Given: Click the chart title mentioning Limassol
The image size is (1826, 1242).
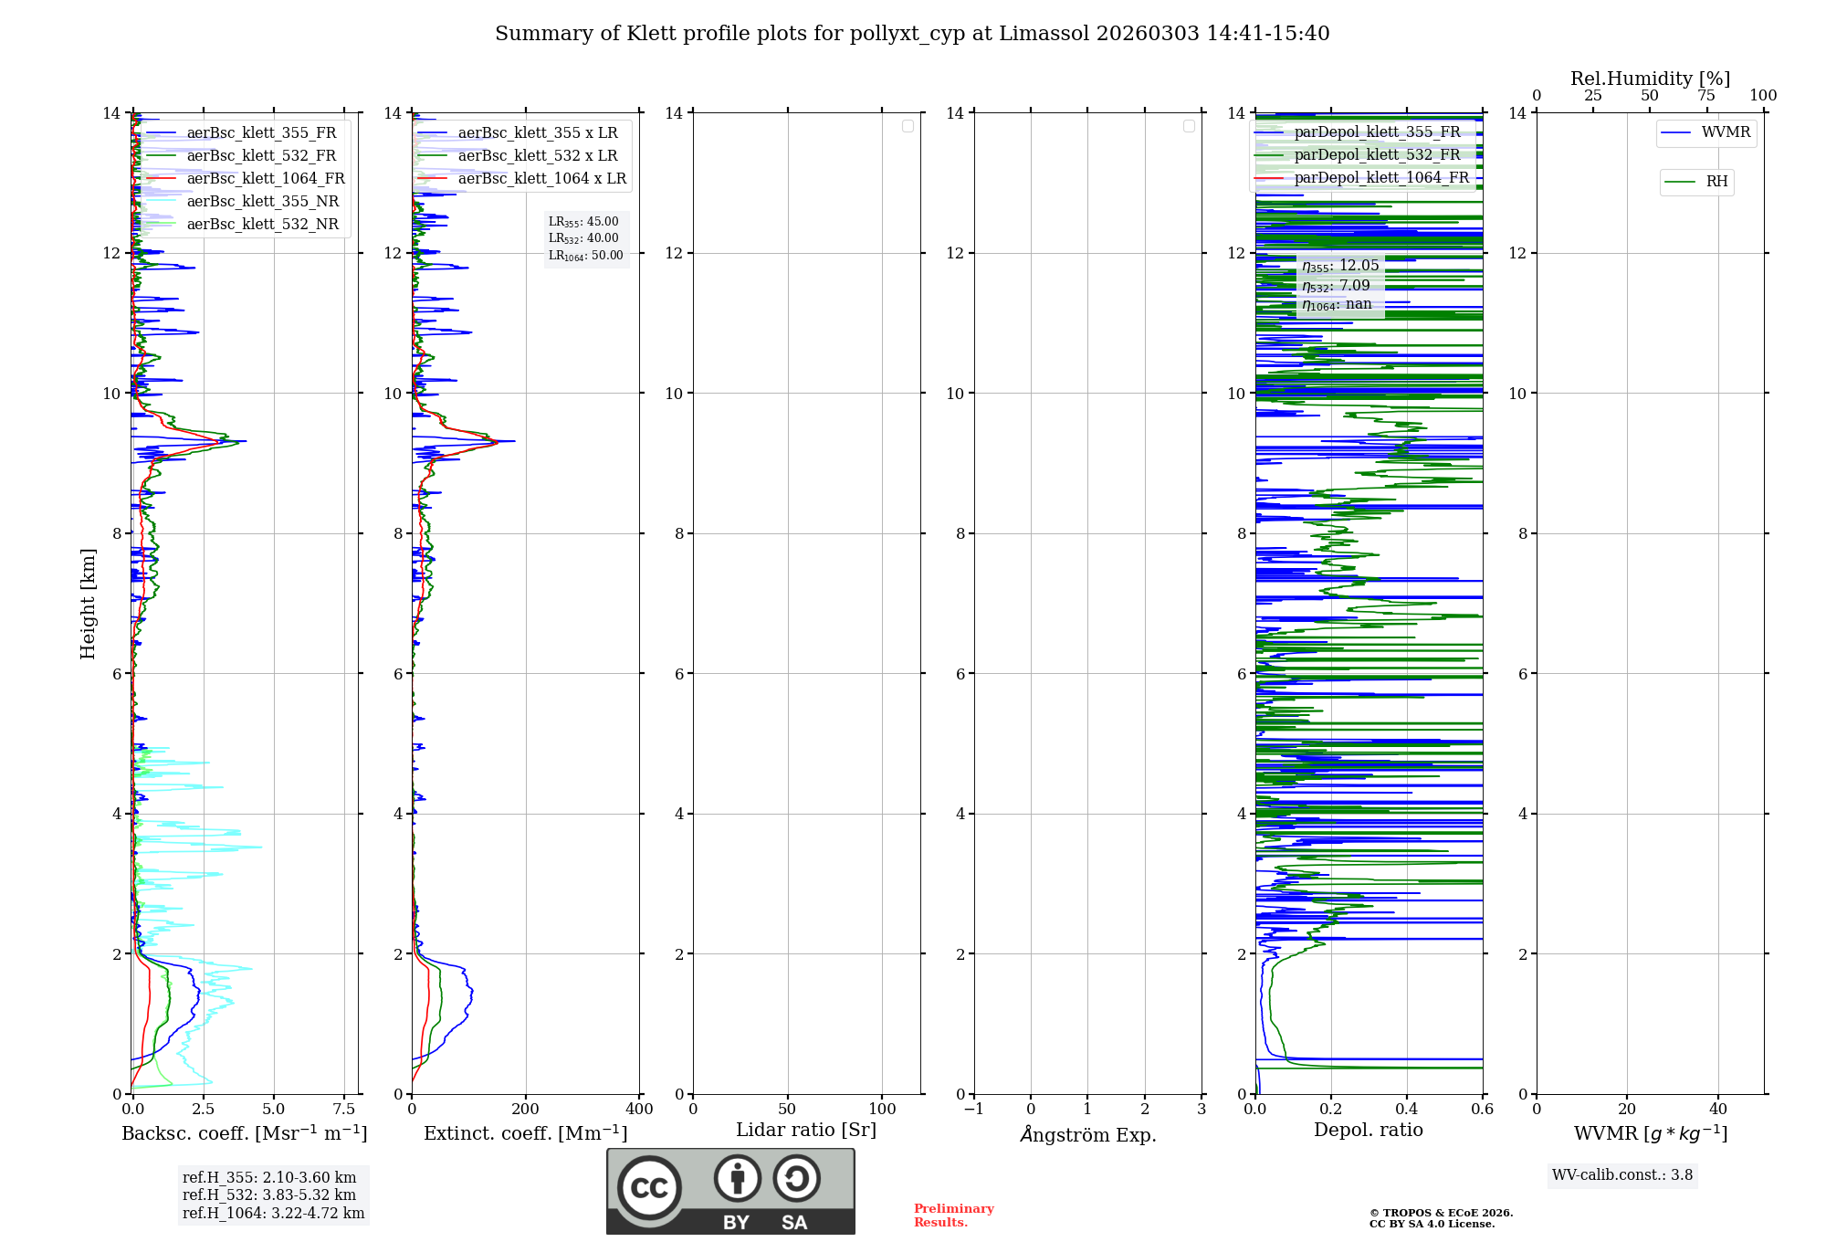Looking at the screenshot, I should click(912, 34).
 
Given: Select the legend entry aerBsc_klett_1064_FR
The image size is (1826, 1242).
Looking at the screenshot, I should click(265, 179).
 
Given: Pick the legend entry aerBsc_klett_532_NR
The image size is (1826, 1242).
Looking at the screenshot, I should click(262, 225).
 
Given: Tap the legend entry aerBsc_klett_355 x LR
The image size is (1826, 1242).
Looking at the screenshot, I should click(537, 133).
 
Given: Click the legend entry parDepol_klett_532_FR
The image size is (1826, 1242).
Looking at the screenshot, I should click(1377, 155).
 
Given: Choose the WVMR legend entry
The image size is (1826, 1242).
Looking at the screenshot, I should click(1726, 132).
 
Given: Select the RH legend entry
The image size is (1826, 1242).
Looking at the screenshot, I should click(1716, 182).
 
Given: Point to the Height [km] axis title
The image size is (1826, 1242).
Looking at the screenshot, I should click(88, 603).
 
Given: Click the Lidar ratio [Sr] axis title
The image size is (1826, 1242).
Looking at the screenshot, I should click(806, 1131).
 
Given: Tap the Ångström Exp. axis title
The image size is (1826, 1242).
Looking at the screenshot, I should click(1087, 1134).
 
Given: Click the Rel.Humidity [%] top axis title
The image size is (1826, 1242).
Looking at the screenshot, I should click(1650, 79).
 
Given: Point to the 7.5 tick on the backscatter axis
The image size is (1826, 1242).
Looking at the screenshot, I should click(344, 1110).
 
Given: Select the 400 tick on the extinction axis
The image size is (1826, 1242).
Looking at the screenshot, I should click(639, 1110).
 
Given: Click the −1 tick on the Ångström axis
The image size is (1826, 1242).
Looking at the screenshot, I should click(974, 1110).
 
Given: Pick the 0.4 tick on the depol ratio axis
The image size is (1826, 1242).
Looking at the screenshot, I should click(1407, 1110).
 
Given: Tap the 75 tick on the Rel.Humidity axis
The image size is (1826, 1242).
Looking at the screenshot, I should click(1705, 96).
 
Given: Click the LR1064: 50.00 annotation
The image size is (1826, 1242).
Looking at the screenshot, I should click(585, 256).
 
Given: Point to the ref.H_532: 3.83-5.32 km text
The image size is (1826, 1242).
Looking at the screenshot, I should click(269, 1195).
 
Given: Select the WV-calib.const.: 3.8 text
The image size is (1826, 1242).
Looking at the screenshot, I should click(1622, 1175).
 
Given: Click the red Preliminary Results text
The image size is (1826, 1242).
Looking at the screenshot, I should click(953, 1216).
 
